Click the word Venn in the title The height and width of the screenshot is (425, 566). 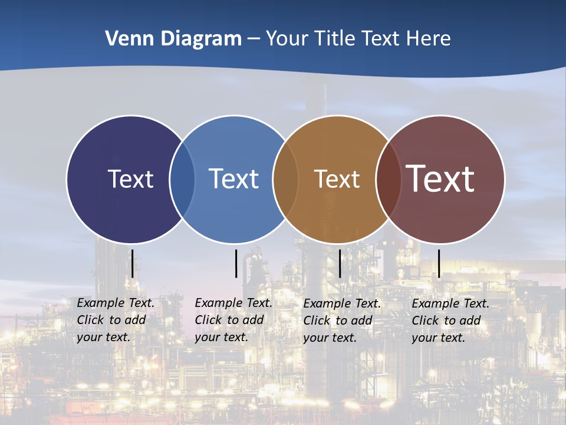[125, 39]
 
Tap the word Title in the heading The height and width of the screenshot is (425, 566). [335, 39]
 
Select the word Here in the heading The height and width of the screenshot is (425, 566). [429, 39]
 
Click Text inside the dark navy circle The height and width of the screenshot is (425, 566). [130, 179]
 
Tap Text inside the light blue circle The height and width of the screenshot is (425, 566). [234, 179]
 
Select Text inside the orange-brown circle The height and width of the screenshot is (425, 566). [337, 179]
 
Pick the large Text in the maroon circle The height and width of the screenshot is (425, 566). [440, 179]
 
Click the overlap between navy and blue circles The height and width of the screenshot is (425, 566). [182, 179]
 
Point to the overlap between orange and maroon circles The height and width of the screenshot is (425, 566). [387, 179]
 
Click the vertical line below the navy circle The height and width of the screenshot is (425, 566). [132, 263]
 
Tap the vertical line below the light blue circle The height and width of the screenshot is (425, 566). [236, 263]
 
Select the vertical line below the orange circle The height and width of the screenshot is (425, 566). [340, 263]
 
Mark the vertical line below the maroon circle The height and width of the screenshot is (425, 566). [439, 263]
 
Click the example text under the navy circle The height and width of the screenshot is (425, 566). [115, 320]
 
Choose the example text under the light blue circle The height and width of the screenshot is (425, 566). [233, 320]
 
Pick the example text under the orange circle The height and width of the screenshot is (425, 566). [341, 321]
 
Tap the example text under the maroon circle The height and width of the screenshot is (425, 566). [450, 321]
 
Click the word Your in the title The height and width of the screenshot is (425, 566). [289, 39]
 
